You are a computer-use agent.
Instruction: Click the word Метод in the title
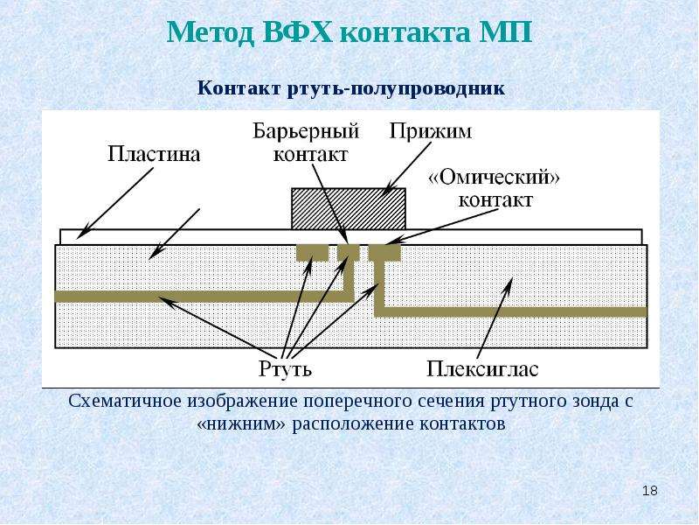point(210,32)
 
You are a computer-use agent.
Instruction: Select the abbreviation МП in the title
point(506,32)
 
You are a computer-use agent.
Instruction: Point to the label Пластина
point(154,154)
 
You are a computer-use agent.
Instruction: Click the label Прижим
point(430,132)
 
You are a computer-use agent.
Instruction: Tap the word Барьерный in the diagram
point(306,131)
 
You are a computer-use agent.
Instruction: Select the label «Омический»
point(494,178)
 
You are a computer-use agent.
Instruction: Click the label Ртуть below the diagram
point(286,369)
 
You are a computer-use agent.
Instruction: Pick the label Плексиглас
point(482,369)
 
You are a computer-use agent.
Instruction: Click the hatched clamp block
point(348,208)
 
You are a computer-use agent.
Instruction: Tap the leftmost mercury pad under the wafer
point(313,252)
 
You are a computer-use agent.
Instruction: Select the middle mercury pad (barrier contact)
point(348,252)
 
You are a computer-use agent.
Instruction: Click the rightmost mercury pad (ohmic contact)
point(384,252)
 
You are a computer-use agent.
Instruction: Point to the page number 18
point(649,491)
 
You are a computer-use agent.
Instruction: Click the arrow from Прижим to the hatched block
point(409,167)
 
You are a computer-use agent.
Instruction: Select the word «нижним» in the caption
point(241,423)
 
